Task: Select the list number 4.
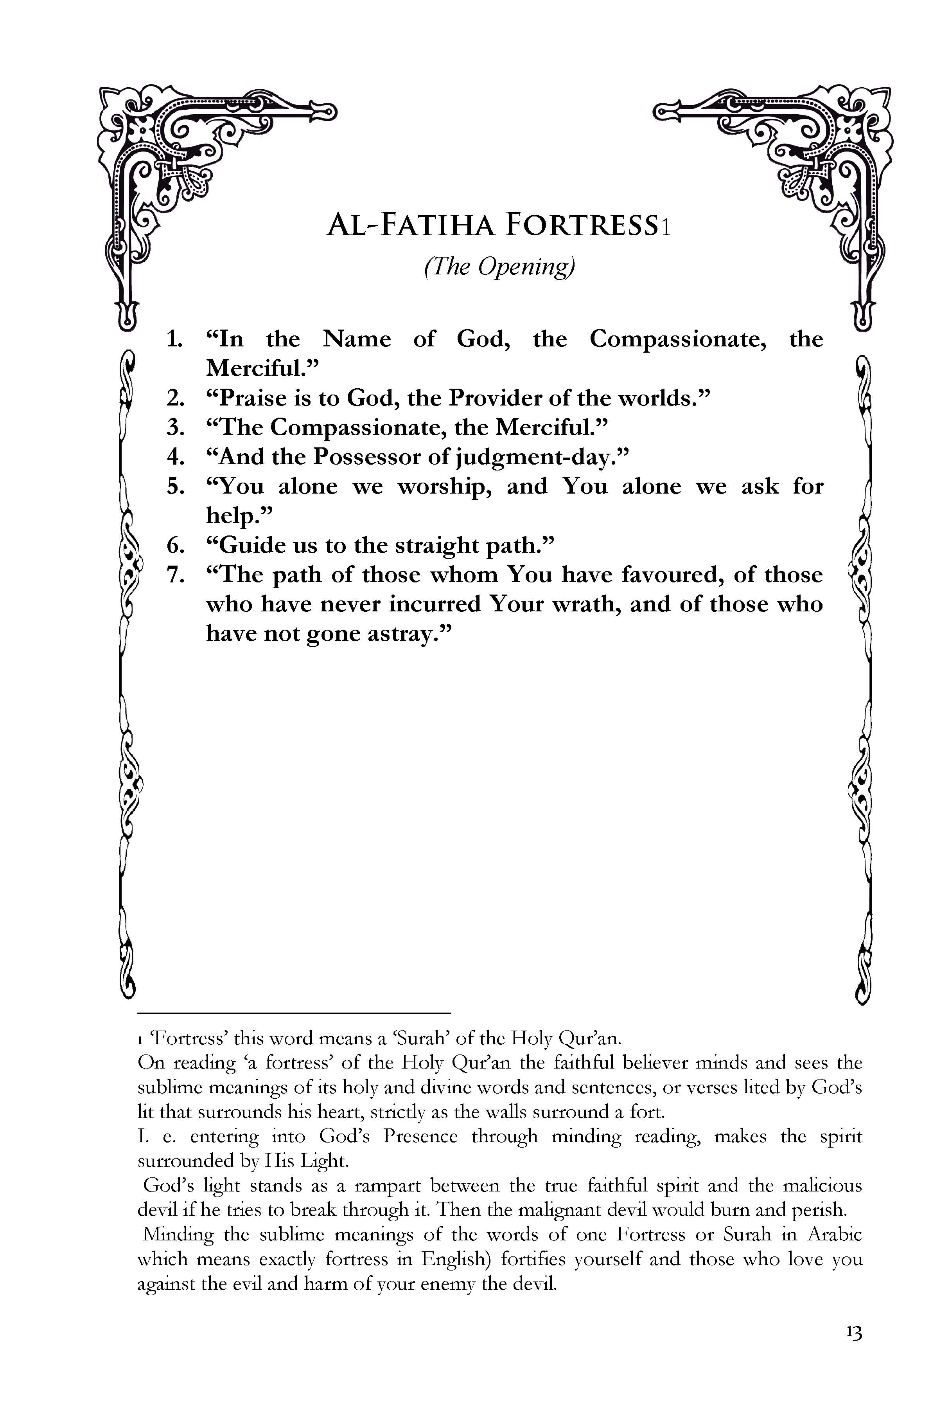point(175,457)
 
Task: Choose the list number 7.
point(175,575)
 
